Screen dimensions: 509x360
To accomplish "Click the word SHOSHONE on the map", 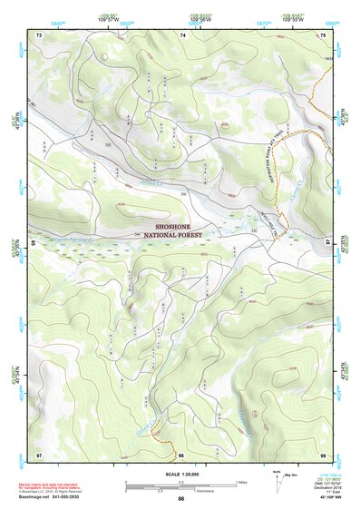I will pos(180,220).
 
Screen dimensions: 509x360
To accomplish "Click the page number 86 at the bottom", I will pos(181,499).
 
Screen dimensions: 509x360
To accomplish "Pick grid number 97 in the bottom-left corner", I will pos(39,454).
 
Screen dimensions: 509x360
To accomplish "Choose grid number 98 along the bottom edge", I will pos(181,454).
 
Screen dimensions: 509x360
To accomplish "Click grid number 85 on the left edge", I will pos(34,242).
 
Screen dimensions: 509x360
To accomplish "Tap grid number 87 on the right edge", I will pos(329,242).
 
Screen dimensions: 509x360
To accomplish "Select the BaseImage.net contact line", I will pos(54,496).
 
